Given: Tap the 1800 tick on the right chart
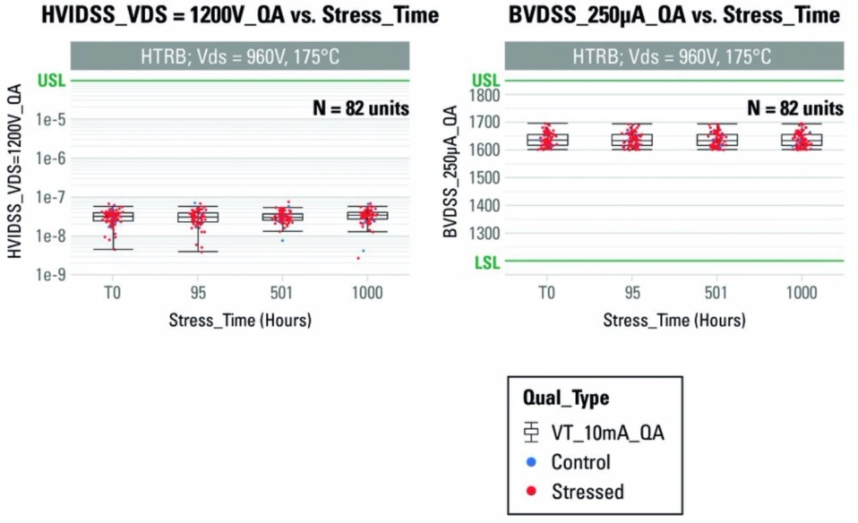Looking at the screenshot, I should pos(484,95).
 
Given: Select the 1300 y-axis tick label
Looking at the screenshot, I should pos(484,233).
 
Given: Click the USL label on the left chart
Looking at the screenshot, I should pos(52,81).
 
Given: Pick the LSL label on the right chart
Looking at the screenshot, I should pos(487,262).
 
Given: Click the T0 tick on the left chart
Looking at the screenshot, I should pos(113,293).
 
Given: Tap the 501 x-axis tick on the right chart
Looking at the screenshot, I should pos(717,293).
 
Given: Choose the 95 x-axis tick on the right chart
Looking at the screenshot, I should pos(632,293).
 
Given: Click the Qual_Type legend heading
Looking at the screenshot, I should pos(566,398).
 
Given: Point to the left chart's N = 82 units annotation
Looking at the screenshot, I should pos(361,107).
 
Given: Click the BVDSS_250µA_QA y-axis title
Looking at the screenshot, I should pos(451,171).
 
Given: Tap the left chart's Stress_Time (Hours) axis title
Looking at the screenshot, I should pos(240,320).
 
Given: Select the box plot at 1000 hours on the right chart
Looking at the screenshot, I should pos(802,139).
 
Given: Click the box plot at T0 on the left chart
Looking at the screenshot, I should pos(113,216).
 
